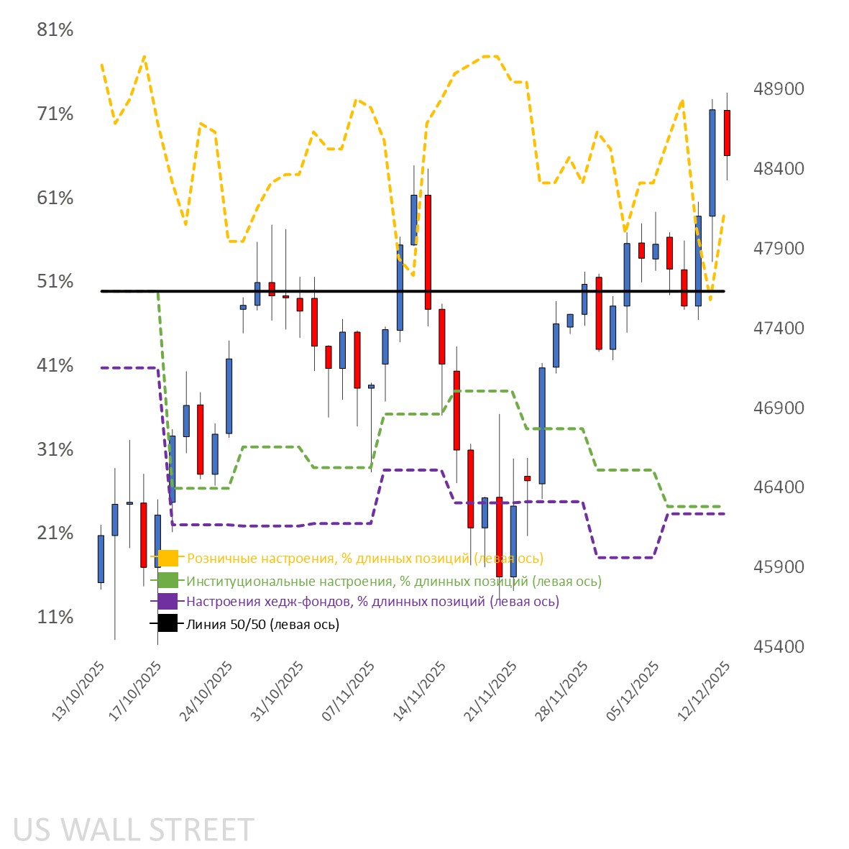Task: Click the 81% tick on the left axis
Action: click(x=55, y=30)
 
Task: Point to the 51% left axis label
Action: click(x=55, y=282)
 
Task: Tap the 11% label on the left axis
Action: click(x=55, y=618)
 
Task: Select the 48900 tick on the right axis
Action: click(x=779, y=89)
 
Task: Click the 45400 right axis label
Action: click(x=779, y=647)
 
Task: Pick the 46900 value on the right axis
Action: click(x=779, y=408)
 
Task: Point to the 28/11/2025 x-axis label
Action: click(x=564, y=692)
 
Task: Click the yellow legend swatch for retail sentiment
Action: click(x=168, y=558)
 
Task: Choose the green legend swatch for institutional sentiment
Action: click(x=168, y=581)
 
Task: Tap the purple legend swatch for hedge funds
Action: click(x=168, y=602)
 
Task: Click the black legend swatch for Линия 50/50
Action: click(x=168, y=624)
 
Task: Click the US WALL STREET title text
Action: click(x=134, y=830)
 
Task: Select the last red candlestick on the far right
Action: click(x=727, y=133)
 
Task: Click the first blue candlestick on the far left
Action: click(x=101, y=559)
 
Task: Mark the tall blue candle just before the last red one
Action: click(x=712, y=162)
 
